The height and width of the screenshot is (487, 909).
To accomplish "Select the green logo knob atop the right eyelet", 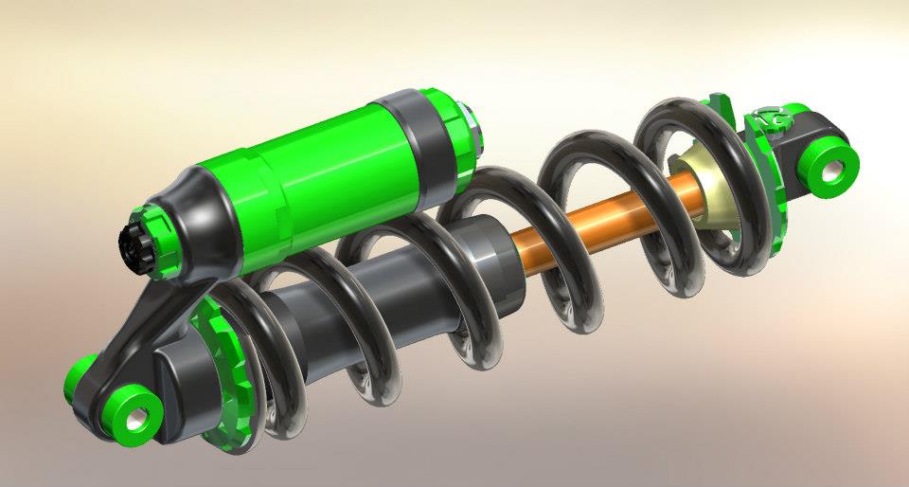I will point(775,118).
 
